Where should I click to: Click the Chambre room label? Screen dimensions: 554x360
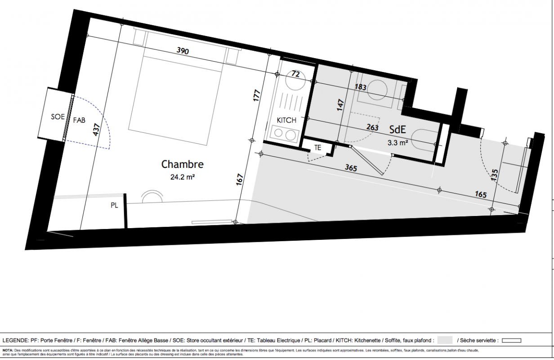183,164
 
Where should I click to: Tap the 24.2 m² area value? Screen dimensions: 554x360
183,177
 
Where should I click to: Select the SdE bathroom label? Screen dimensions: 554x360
398,129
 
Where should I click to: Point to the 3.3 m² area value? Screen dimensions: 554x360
398,143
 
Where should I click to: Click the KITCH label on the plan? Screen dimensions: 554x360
286,120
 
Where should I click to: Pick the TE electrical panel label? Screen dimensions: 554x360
317,148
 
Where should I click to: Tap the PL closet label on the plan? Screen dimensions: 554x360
114,205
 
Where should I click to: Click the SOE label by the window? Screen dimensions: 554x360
58,117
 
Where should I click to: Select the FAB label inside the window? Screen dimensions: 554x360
79,120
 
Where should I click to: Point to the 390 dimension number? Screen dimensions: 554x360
183,51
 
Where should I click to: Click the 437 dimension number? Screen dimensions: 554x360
96,130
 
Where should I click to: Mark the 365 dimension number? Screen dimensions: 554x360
351,168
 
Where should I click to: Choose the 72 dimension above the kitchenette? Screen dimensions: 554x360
295,74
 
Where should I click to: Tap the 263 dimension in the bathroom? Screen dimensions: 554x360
372,127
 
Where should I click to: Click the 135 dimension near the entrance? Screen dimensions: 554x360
494,175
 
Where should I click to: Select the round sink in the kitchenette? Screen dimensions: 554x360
295,81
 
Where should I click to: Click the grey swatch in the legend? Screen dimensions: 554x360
445,340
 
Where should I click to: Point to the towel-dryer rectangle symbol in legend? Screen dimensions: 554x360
511,341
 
